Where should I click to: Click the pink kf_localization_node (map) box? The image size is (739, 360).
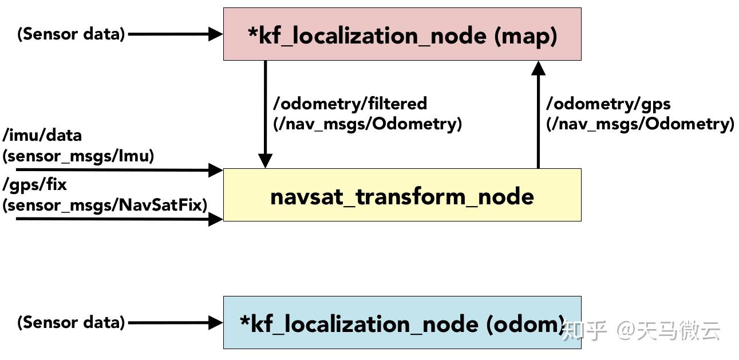click(402, 34)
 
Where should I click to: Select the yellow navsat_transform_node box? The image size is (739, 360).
click(402, 195)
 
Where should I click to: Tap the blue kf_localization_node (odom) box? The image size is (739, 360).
click(402, 323)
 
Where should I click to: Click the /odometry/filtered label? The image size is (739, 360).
click(350, 104)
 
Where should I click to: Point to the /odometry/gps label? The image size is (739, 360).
click(608, 104)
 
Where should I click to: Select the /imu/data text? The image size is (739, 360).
click(42, 136)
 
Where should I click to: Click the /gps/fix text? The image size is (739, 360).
click(34, 185)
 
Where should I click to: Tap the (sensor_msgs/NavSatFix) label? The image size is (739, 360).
click(105, 204)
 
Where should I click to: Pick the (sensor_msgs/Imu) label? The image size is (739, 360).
click(78, 156)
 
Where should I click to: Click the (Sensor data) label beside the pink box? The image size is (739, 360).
click(71, 34)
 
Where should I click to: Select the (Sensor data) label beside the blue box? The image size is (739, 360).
click(71, 322)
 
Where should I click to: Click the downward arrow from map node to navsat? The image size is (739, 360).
click(265, 114)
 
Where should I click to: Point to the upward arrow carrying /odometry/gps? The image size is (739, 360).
click(538, 114)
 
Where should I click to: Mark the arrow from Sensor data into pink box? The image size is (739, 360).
click(175, 34)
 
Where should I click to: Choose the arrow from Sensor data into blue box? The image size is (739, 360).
click(175, 323)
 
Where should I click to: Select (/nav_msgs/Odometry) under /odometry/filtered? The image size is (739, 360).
click(367, 124)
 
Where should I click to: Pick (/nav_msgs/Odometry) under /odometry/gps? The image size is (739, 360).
click(640, 124)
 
